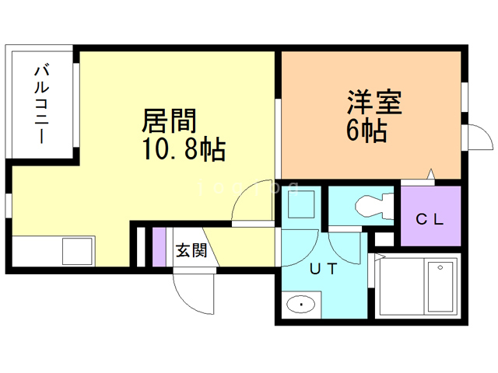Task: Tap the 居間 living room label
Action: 169,121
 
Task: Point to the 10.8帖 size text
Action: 183,148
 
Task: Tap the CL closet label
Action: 429,220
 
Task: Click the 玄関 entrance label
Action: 191,250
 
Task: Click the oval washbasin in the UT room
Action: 300,305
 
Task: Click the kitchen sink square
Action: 77,251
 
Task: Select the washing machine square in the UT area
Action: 300,204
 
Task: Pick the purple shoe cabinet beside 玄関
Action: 159,247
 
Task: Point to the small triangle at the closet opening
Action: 429,175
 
